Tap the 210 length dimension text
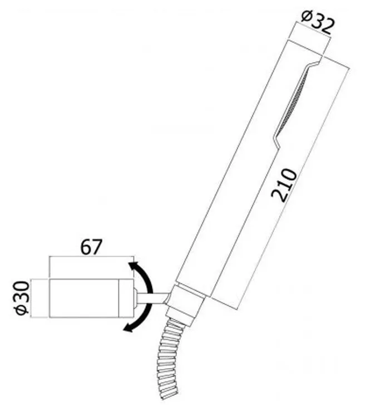pyautogui.click(x=284, y=185)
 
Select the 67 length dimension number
pyautogui.click(x=91, y=247)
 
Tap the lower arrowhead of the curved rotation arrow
pyautogui.click(x=129, y=327)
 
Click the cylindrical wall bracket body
pyautogui.click(x=92, y=298)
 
